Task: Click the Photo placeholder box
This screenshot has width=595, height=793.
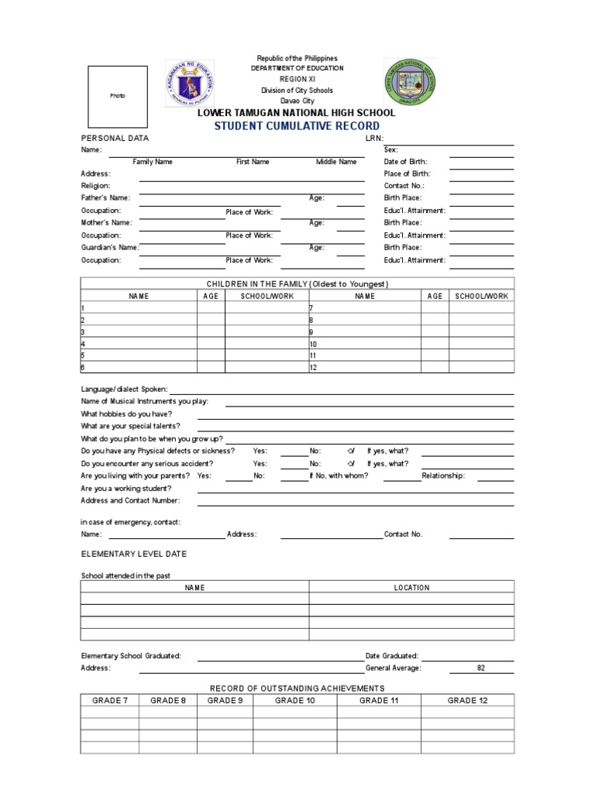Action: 117,96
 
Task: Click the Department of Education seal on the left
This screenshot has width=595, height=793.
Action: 192,84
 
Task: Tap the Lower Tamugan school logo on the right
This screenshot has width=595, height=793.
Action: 409,84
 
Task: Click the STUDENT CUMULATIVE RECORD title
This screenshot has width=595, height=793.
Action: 297,125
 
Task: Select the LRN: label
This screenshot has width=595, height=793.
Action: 374,138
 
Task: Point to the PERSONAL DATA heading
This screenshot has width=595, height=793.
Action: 115,138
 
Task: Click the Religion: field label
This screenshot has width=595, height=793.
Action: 96,186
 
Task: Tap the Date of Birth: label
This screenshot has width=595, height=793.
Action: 405,162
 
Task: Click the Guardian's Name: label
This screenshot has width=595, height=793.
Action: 110,248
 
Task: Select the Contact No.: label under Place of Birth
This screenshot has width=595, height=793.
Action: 404,186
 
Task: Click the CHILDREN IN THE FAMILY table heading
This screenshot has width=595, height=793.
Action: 297,284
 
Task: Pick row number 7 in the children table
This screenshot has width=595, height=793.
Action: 311,308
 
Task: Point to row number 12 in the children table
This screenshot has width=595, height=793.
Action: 314,367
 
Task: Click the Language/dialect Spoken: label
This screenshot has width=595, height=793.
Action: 124,390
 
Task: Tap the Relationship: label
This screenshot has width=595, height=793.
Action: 443,476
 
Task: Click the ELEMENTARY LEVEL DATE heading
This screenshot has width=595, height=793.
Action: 134,554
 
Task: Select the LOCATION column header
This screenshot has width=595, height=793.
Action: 411,588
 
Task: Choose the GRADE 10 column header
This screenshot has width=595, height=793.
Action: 295,700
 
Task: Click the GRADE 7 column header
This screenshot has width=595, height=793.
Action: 110,700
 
